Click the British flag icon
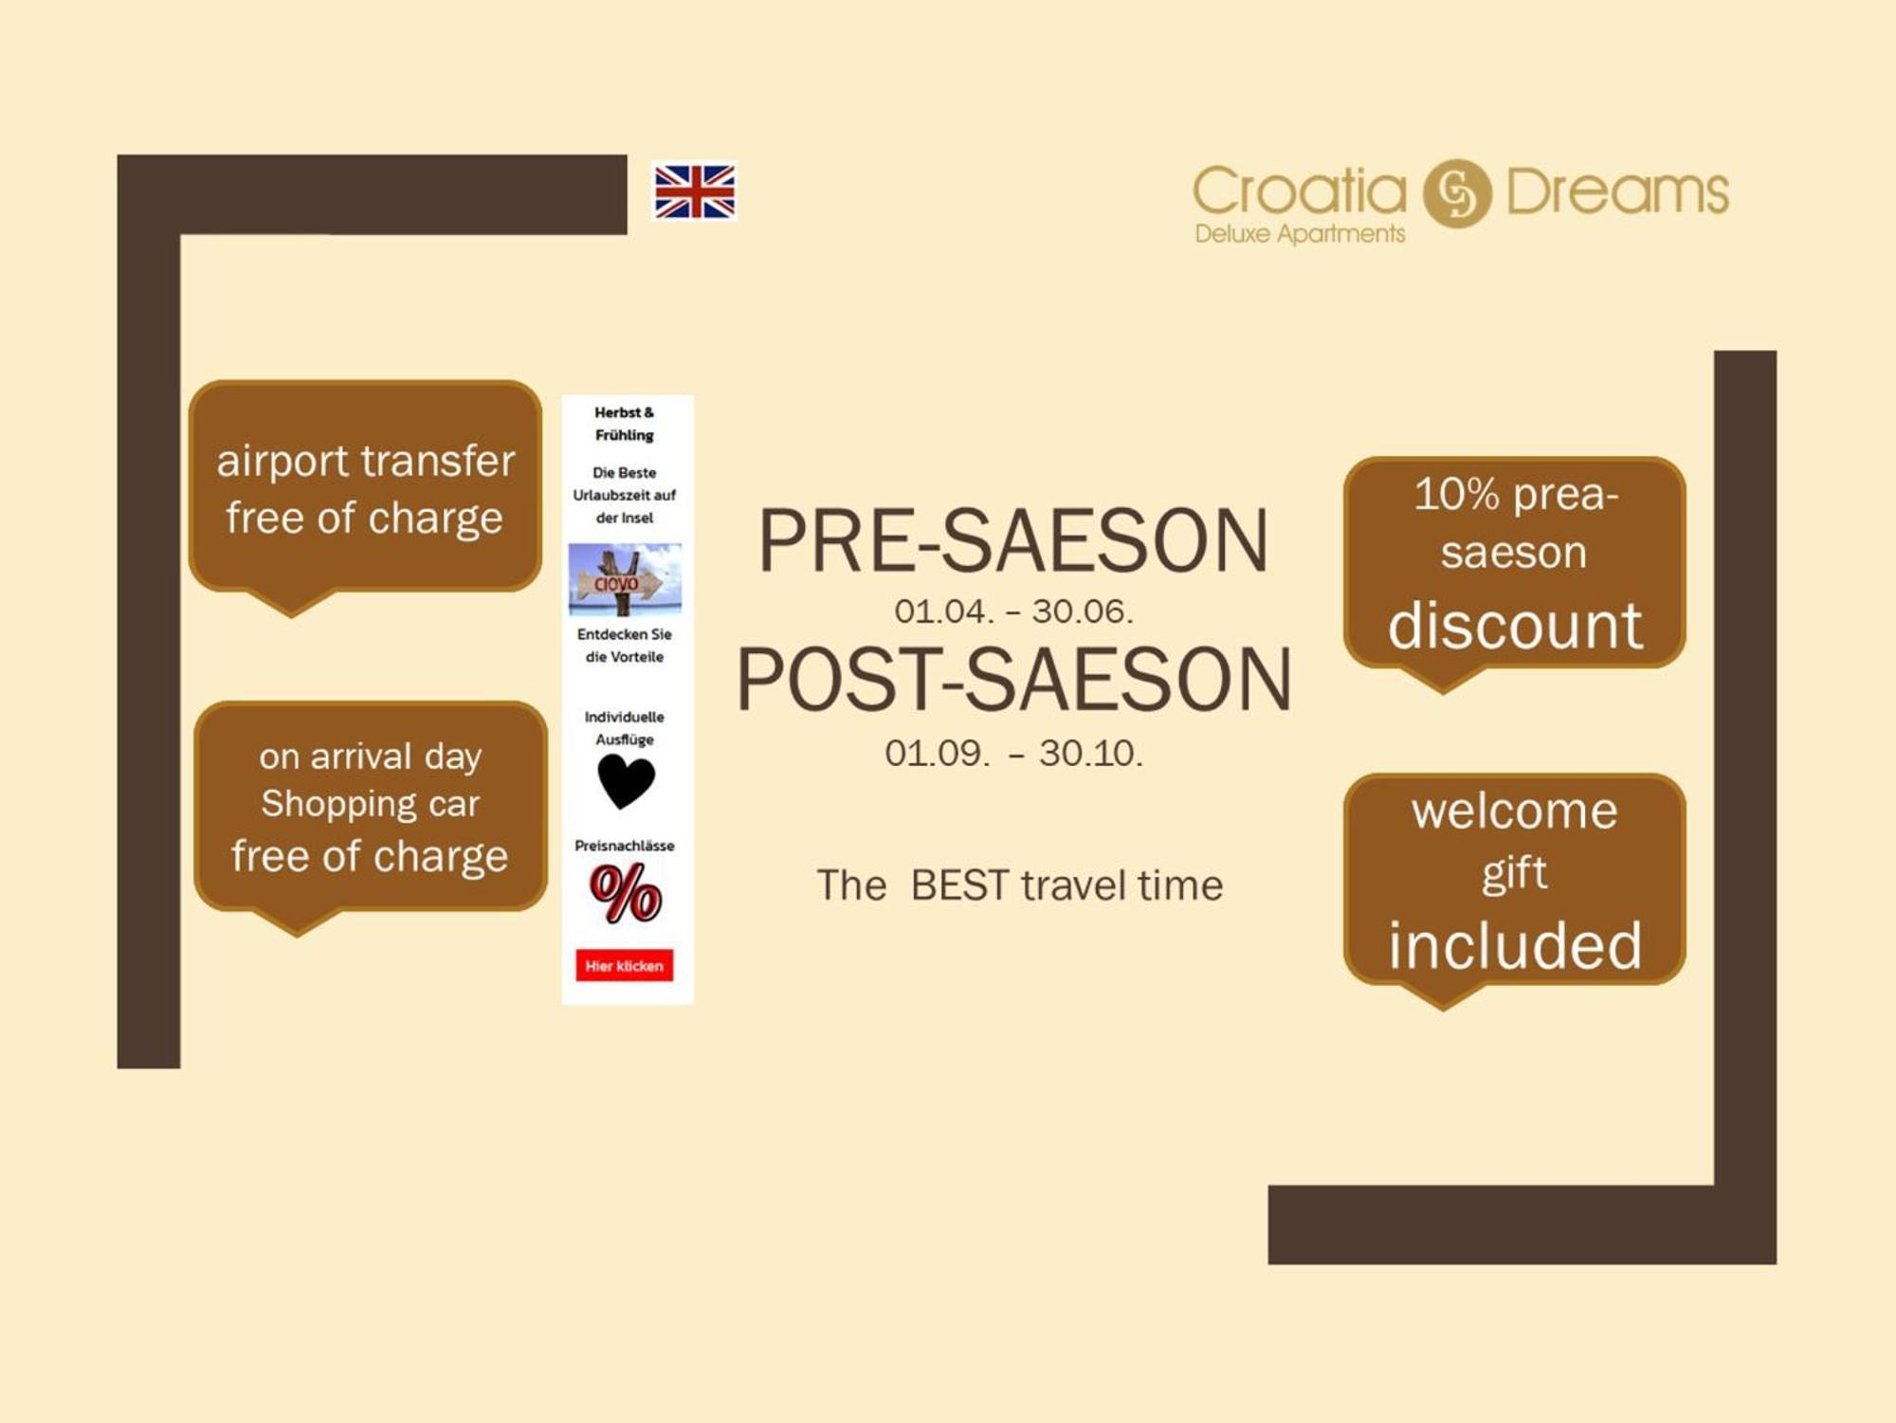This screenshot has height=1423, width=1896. point(695,192)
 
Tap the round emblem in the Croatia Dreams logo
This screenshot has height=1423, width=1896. point(1457,193)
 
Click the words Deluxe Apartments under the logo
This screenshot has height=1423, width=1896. point(1300,234)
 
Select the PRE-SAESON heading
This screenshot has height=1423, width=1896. point(1012,540)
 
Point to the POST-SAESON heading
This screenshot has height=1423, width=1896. point(1013,679)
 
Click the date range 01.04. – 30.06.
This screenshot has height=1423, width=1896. point(1013,611)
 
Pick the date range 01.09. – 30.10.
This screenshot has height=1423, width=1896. point(1013,754)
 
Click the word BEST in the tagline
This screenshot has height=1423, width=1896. point(959,885)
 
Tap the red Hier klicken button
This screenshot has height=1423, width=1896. point(624,965)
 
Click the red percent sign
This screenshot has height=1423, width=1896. point(625,894)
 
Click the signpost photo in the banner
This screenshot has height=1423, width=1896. point(625,579)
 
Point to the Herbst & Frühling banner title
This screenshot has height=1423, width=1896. point(624,424)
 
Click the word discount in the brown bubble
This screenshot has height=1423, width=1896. point(1515,626)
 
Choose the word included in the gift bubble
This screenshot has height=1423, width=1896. point(1515,945)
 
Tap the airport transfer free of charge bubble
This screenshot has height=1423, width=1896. point(365,489)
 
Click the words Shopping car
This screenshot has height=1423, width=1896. point(371,804)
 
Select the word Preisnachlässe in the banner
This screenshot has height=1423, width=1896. point(624,846)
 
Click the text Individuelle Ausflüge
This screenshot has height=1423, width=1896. point(624,728)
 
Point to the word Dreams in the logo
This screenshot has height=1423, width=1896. point(1617,192)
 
